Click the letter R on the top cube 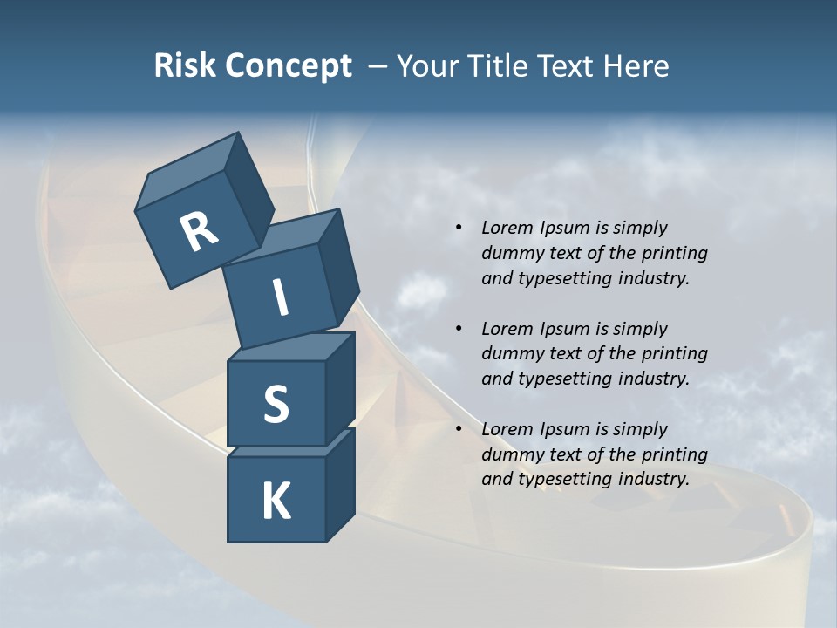[198, 232]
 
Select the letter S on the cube [276, 404]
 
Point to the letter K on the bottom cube [276, 502]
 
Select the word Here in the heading [636, 65]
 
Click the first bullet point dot [459, 229]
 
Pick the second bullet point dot [459, 329]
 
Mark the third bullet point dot [459, 429]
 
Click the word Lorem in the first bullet [506, 229]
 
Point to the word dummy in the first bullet [510, 254]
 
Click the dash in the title [378, 66]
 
